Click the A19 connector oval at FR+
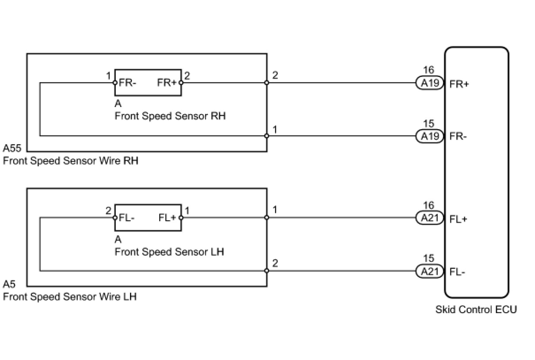430,83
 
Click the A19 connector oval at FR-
430,136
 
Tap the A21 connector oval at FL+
430,218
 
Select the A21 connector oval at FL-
430,271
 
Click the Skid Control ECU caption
476,309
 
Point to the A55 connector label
12,148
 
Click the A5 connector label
9,284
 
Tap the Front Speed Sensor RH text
170,116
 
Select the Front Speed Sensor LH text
169,252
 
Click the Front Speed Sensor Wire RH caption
71,161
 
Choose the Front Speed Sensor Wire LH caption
70,297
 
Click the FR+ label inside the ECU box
459,84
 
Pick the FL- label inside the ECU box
457,272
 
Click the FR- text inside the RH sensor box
127,83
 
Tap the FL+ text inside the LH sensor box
167,218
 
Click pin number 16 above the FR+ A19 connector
429,70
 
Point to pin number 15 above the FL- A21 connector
429,258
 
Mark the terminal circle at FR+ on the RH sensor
181,83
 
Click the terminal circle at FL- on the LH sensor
115,218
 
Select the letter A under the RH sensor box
118,103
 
